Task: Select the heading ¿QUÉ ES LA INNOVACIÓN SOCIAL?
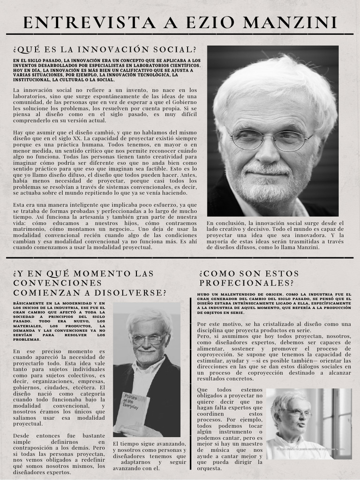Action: click(105, 50)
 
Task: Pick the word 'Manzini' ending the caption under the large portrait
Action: click(307, 247)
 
